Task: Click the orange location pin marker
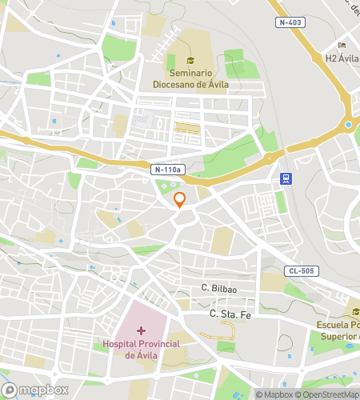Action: click(x=180, y=199)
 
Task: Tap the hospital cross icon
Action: click(x=142, y=330)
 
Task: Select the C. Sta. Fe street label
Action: click(x=230, y=314)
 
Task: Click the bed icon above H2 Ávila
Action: click(x=342, y=45)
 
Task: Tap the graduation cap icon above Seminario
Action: click(x=190, y=60)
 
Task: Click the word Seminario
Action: click(x=190, y=72)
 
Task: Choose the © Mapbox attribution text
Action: click(x=274, y=394)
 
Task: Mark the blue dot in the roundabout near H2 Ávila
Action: click(x=349, y=125)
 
